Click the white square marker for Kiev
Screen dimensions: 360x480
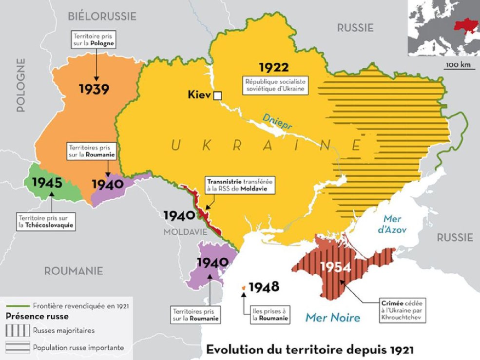tap(218, 95)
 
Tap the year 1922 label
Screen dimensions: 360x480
tap(273, 67)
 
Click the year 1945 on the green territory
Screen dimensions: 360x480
tap(47, 183)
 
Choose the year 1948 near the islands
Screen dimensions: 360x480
tap(264, 287)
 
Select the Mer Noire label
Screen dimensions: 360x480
tap(332, 318)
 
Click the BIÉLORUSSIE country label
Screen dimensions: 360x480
tap(103, 16)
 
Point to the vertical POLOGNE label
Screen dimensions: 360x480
tap(20, 85)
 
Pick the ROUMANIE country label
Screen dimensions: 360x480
tap(74, 271)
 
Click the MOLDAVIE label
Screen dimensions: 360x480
tap(182, 232)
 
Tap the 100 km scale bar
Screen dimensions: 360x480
tap(460, 68)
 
